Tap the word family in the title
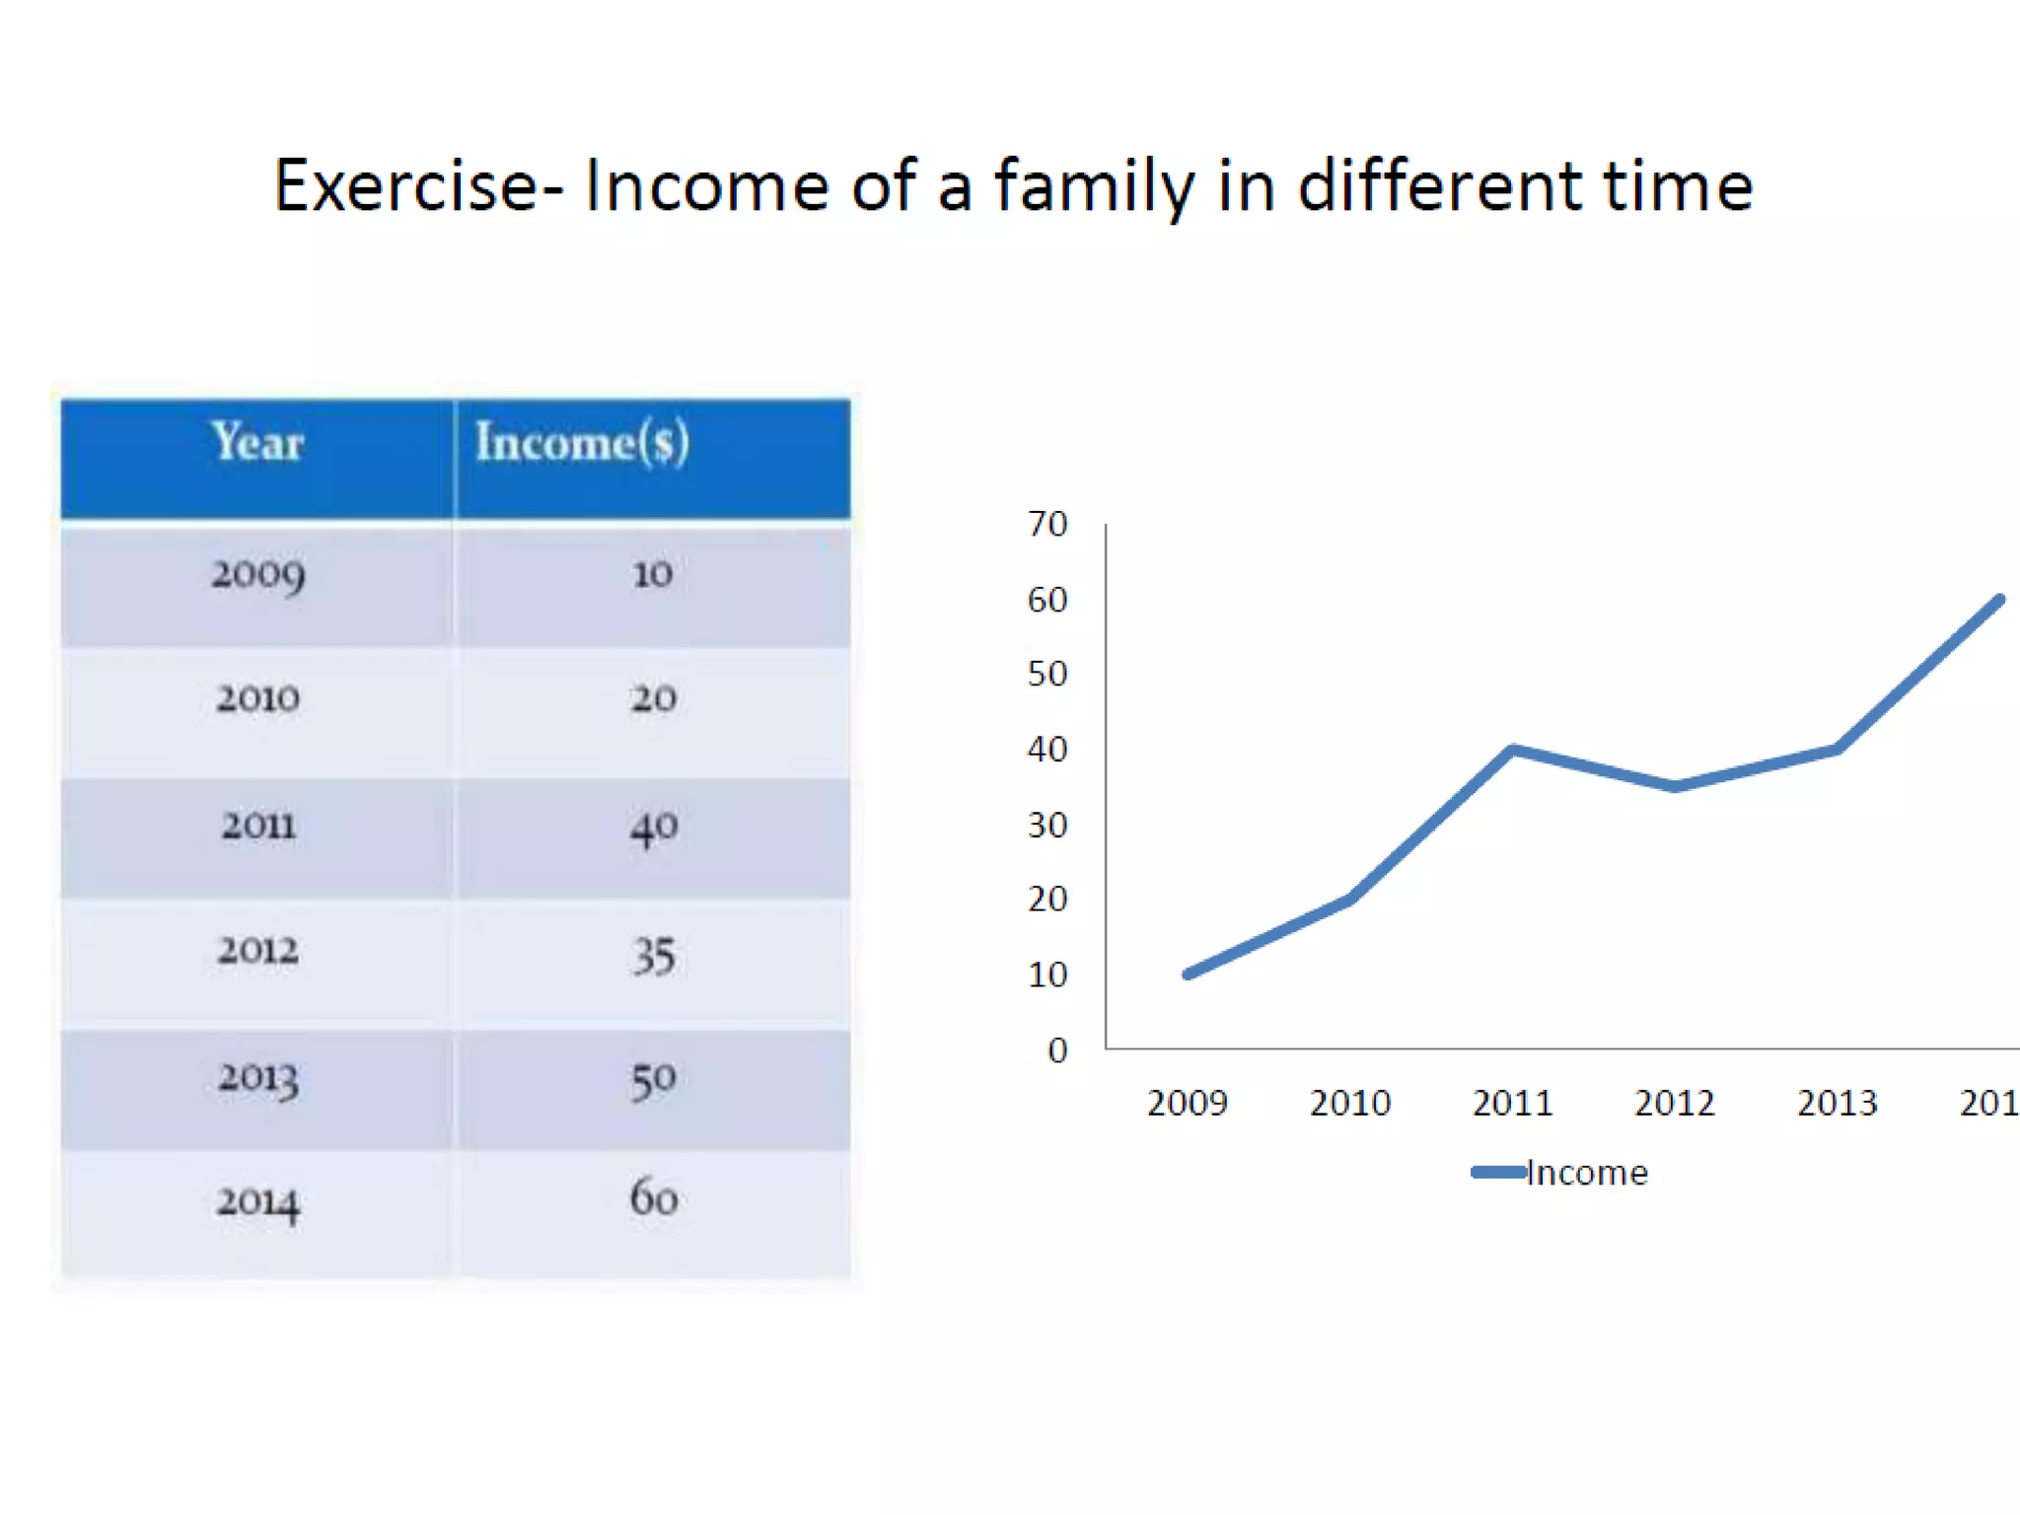1093,186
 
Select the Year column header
256,443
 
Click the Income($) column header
582,443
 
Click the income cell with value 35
653,956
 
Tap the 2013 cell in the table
257,1078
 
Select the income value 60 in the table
653,1198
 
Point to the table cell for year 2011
257,826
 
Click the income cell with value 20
653,698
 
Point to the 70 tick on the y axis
1046,524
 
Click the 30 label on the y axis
1046,825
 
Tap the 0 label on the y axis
1057,1050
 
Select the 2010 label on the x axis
1349,1103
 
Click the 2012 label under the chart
1674,1103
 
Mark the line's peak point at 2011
1513,750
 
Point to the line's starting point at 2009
1188,974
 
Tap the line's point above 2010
1349,899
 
